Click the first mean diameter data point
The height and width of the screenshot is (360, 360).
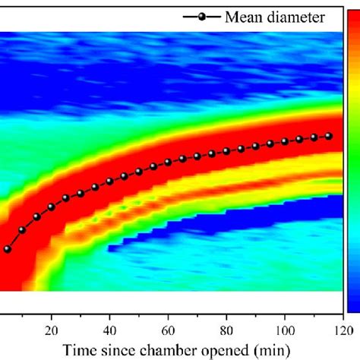pyautogui.click(x=8, y=248)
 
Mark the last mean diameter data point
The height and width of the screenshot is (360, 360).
pyautogui.click(x=329, y=136)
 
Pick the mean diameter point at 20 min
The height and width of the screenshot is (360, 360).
pyautogui.click(x=52, y=206)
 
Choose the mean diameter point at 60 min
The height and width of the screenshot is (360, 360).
pyautogui.click(x=168, y=162)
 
